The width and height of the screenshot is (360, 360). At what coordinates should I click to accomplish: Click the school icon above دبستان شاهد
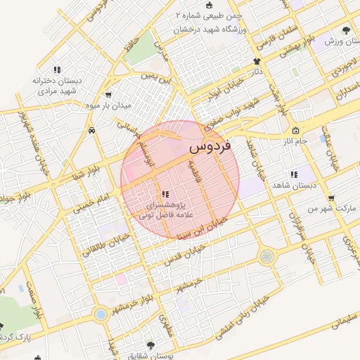coord(292,174)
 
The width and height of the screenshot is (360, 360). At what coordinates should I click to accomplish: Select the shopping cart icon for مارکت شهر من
coord(331,198)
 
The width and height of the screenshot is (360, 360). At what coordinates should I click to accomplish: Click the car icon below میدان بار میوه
coord(92,131)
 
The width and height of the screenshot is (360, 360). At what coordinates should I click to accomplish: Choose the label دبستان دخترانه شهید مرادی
coord(58,86)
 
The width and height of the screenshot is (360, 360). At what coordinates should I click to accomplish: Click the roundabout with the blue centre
coord(101,314)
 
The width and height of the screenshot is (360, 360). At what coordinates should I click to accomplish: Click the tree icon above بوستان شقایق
coord(150,344)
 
